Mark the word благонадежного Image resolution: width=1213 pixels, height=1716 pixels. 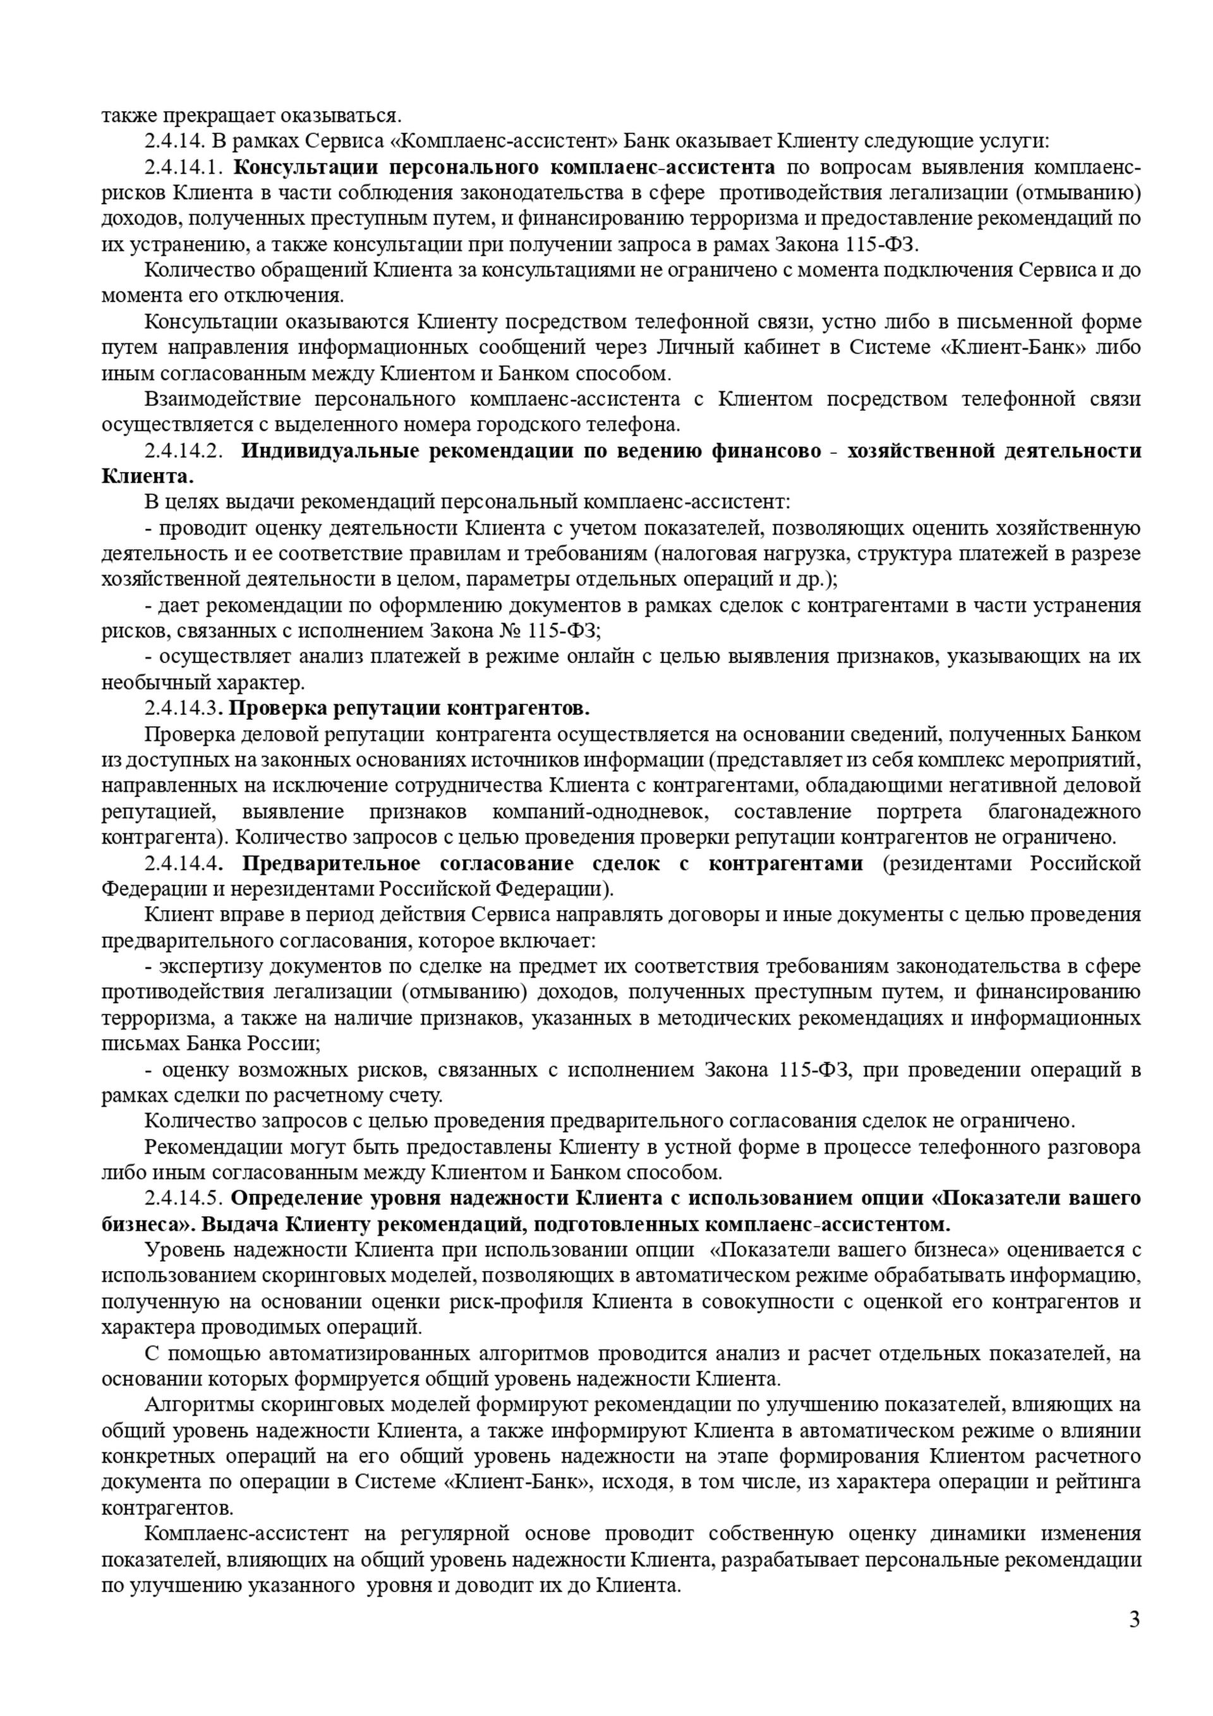coord(1065,812)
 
